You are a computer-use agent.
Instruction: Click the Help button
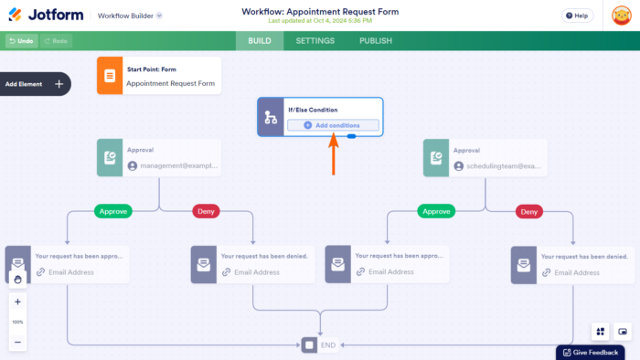click(576, 16)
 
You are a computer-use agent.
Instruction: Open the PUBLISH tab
click(375, 41)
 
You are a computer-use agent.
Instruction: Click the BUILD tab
click(260, 41)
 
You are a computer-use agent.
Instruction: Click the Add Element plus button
click(59, 84)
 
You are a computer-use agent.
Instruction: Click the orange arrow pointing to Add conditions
click(334, 154)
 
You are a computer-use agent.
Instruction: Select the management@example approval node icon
click(109, 158)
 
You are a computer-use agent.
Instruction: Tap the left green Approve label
click(112, 211)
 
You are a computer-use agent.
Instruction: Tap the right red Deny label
click(528, 211)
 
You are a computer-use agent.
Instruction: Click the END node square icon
click(309, 345)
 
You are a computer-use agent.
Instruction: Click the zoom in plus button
click(17, 302)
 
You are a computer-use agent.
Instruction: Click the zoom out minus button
click(17, 342)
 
